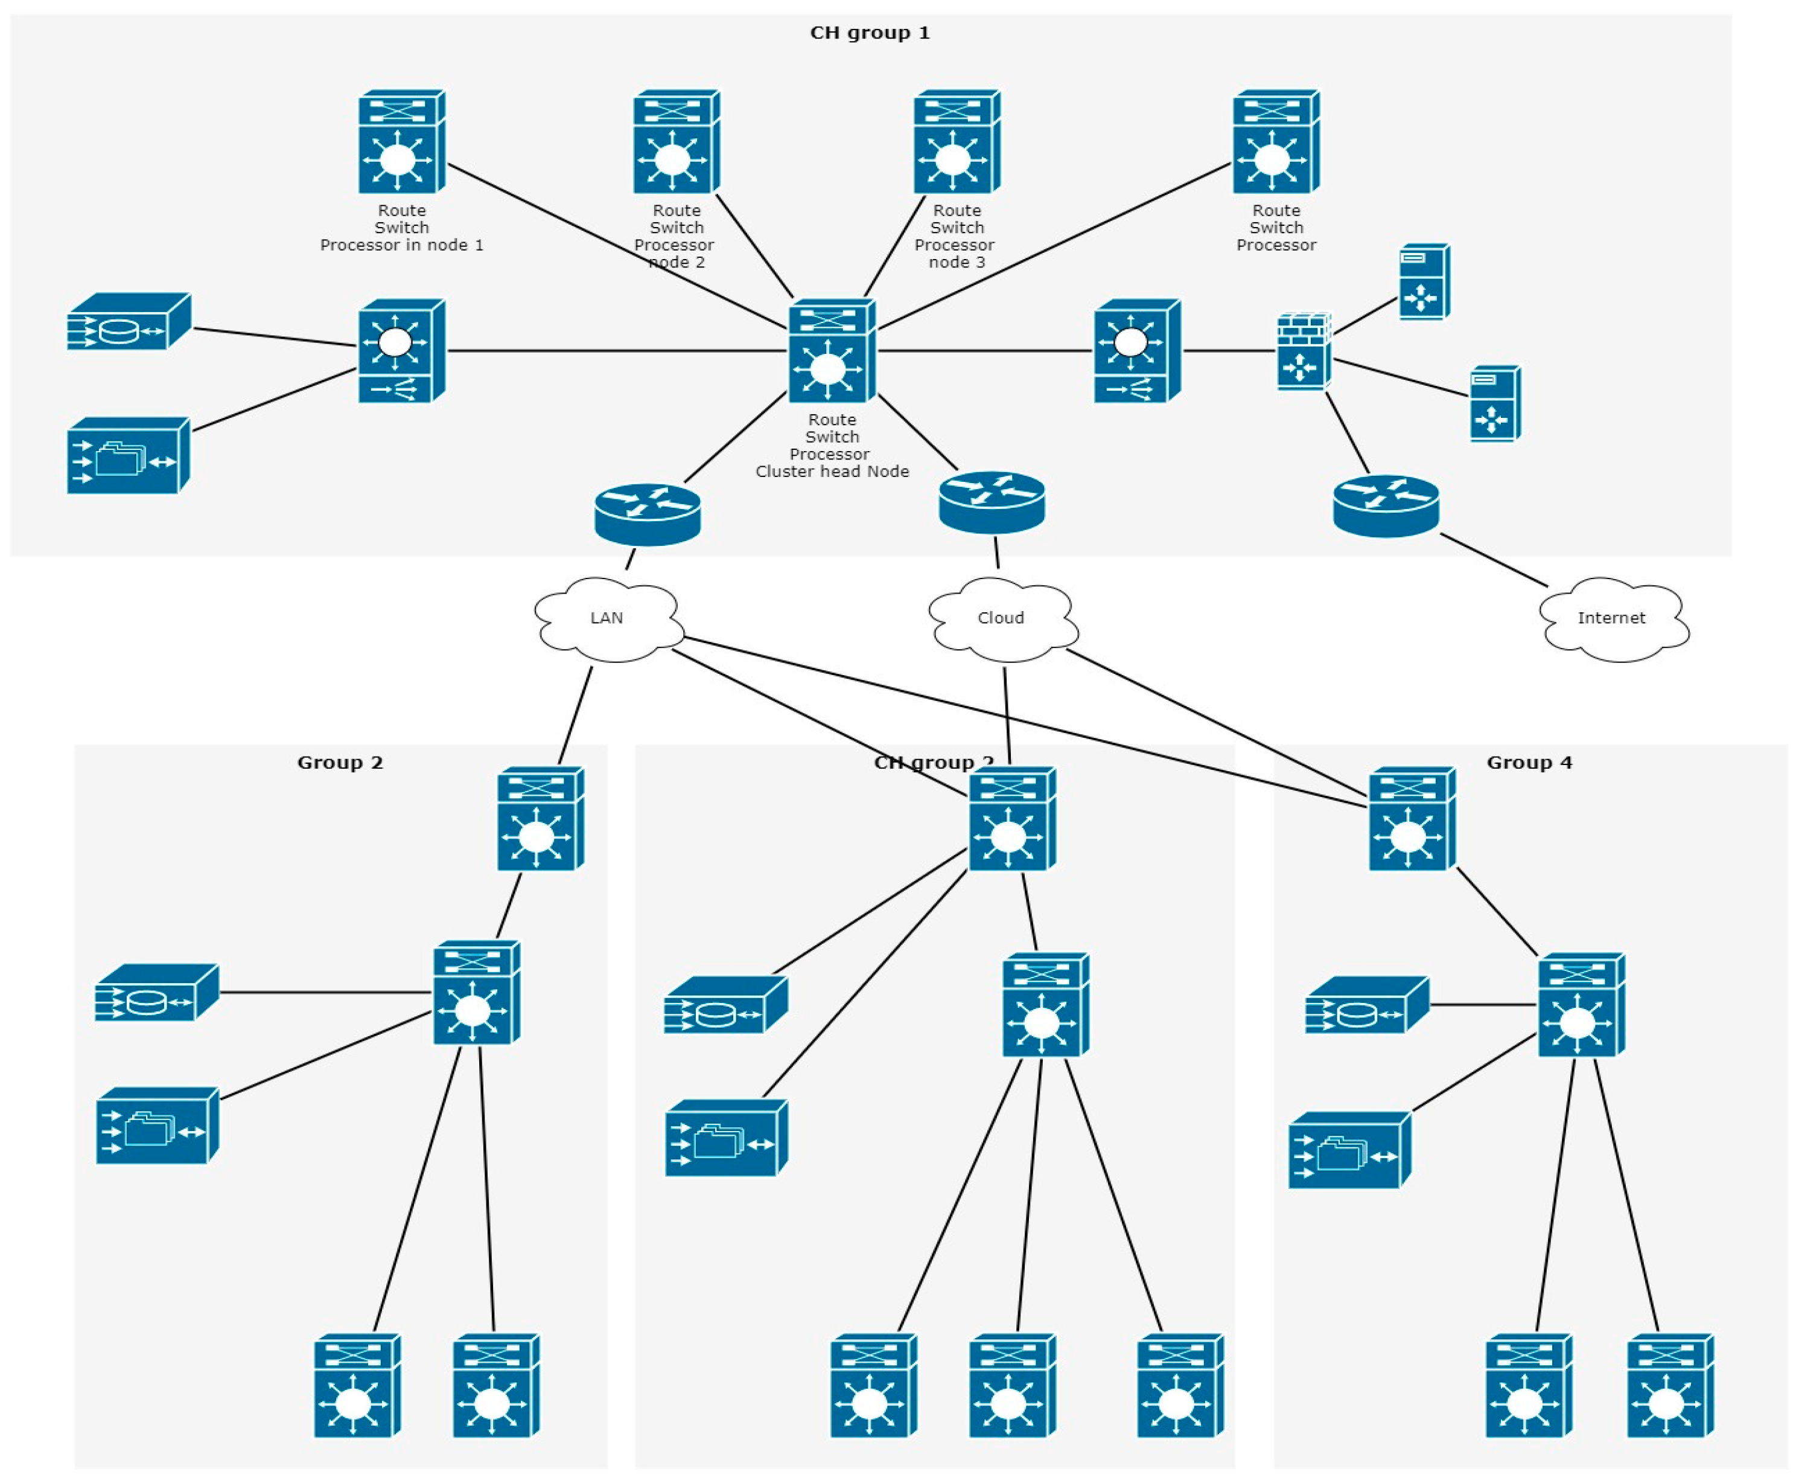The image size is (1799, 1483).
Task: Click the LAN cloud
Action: click(607, 618)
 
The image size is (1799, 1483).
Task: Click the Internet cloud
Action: click(1612, 618)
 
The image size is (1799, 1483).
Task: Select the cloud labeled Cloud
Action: click(1002, 618)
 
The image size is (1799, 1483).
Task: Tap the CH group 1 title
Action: click(869, 33)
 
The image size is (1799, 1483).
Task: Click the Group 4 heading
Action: click(1529, 763)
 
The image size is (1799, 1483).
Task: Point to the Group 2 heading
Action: click(340, 763)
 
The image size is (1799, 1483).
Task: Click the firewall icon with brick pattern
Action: click(1304, 351)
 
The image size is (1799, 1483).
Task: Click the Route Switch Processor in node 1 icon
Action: click(401, 142)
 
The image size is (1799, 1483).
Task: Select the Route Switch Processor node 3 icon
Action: click(957, 142)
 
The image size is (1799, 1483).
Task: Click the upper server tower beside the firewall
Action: click(1423, 282)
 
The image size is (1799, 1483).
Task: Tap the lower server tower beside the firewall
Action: click(1494, 403)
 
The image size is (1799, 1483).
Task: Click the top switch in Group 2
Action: click(540, 818)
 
